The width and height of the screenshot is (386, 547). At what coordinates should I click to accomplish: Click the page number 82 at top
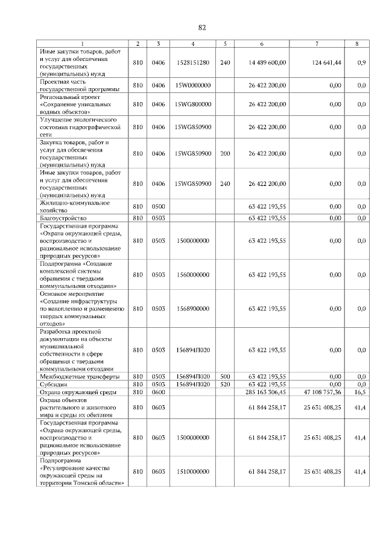point(202,27)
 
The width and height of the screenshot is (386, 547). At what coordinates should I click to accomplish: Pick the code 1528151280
point(193,62)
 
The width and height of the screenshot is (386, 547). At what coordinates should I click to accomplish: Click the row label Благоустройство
point(63,218)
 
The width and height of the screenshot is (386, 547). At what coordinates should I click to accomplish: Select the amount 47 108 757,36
point(319,392)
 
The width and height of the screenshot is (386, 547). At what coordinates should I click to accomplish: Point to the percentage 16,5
point(361,392)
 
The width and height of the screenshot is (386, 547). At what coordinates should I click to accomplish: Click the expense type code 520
point(225,384)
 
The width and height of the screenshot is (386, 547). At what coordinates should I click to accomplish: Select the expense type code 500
point(225,376)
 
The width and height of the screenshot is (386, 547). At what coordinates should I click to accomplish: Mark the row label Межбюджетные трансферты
point(75,376)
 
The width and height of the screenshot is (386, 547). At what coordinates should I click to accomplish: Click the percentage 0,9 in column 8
point(361,62)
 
